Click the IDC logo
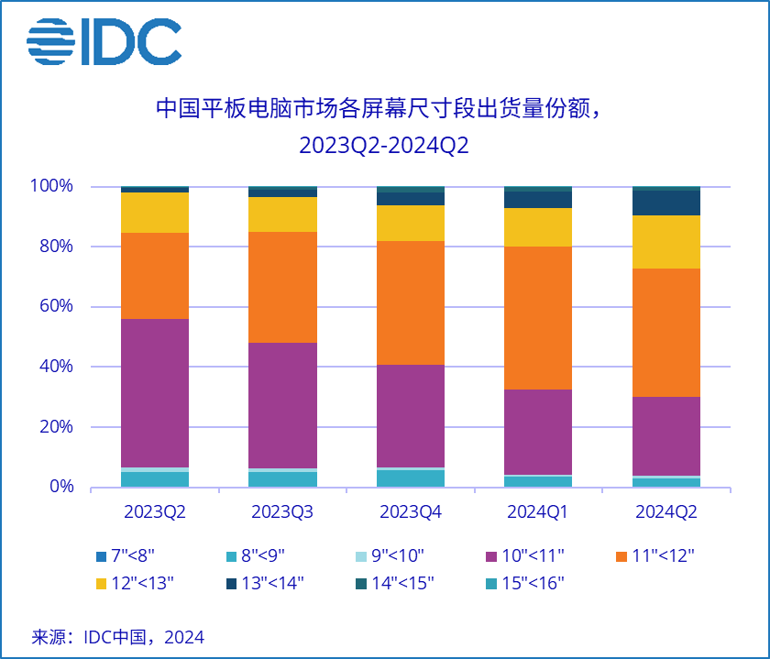coord(104,42)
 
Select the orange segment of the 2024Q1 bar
coord(538,318)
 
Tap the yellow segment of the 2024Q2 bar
coord(666,242)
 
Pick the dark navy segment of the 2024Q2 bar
coord(666,203)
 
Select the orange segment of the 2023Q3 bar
coord(282,287)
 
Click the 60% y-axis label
coord(55,307)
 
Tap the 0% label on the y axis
coord(60,487)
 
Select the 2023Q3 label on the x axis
coord(282,512)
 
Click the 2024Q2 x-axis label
coord(666,512)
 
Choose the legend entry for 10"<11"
coord(522,555)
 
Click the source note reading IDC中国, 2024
coord(118,636)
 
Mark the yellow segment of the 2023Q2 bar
coord(154,213)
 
